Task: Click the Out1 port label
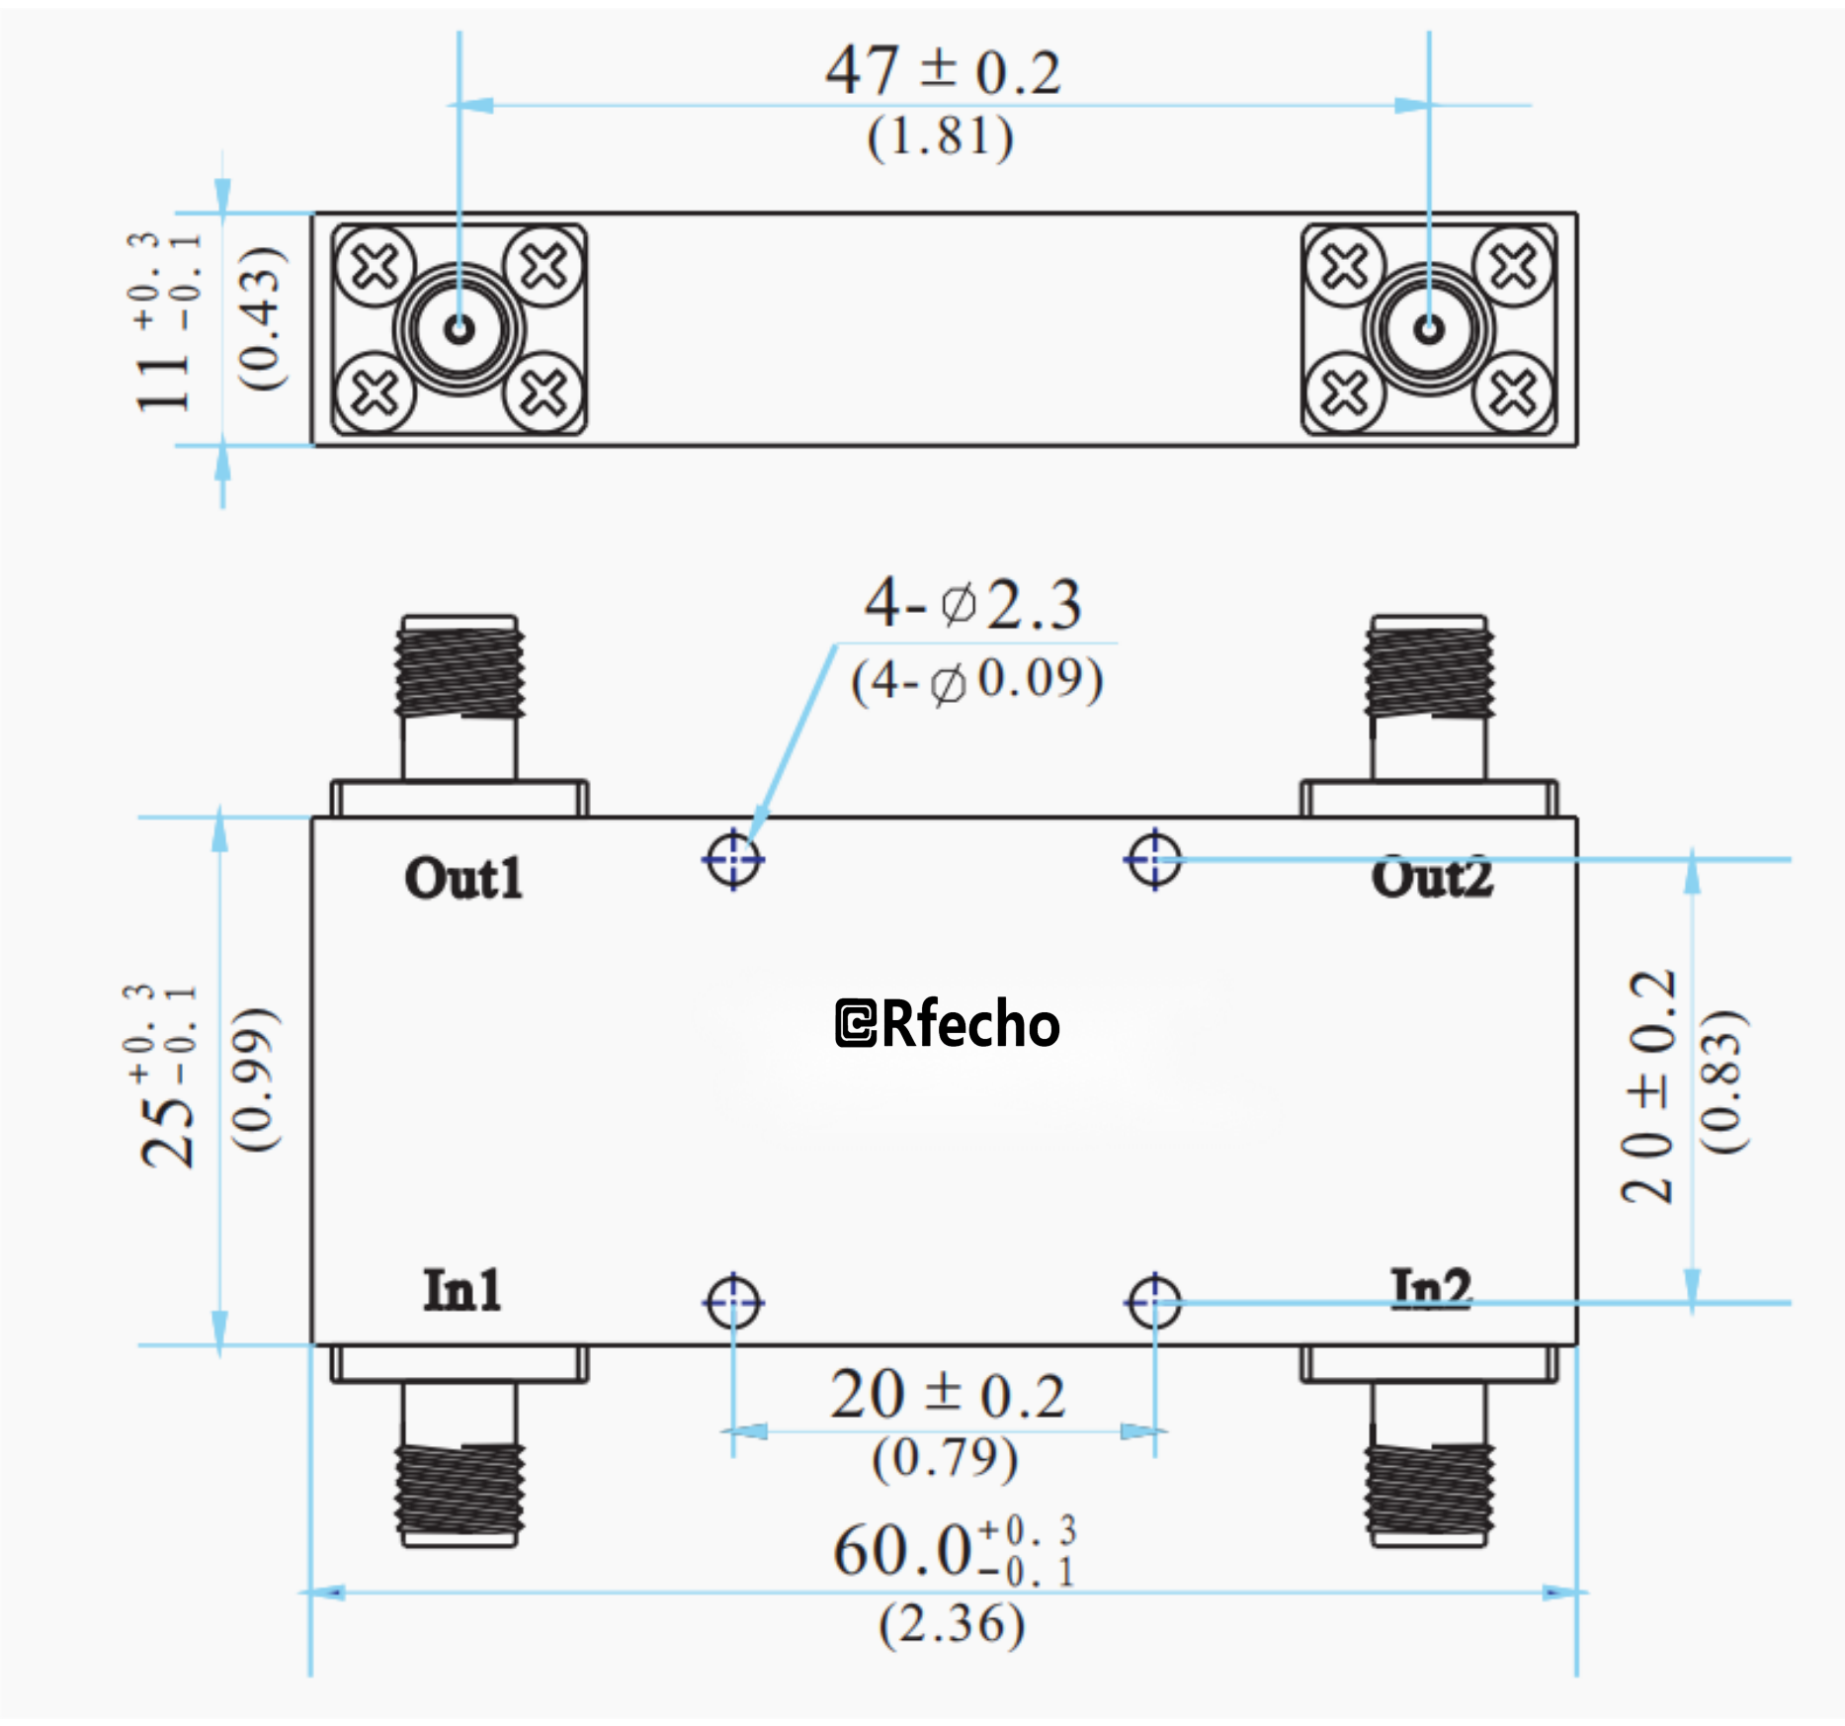[462, 878]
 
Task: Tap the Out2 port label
[1431, 878]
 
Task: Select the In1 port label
[461, 1290]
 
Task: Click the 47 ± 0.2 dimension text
[944, 71]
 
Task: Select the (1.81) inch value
[940, 136]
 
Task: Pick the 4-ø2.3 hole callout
[973, 604]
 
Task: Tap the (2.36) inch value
[952, 1624]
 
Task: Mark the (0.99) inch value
[256, 1079]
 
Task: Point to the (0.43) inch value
[262, 318]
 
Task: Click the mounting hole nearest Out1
[733, 859]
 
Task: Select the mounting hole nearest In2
[1153, 1302]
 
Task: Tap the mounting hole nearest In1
[733, 1302]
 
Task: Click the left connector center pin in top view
[459, 328]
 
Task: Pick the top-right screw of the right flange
[1512, 265]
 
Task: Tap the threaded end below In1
[460, 1493]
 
